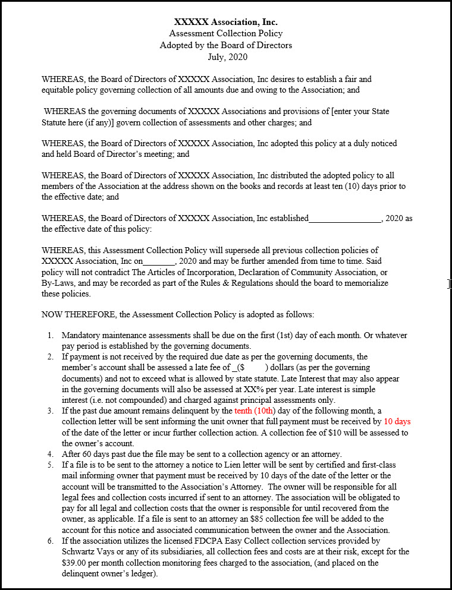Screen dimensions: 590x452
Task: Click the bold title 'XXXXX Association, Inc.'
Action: tap(225, 22)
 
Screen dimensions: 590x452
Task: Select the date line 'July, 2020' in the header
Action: tap(225, 57)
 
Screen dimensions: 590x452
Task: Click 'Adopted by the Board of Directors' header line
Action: tap(225, 45)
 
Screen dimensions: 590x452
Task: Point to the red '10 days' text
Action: tap(397, 421)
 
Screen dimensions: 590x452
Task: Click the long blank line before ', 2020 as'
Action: tap(344, 219)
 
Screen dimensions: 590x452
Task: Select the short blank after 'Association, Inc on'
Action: tap(159, 261)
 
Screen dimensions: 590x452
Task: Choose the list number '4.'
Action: tap(52, 454)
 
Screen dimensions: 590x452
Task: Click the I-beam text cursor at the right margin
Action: tap(449, 284)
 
